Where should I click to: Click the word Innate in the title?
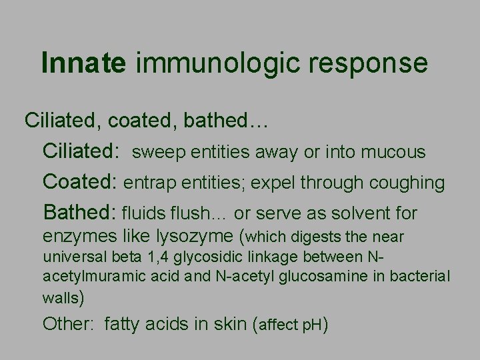(x=83, y=63)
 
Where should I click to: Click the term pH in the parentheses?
(x=312, y=325)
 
